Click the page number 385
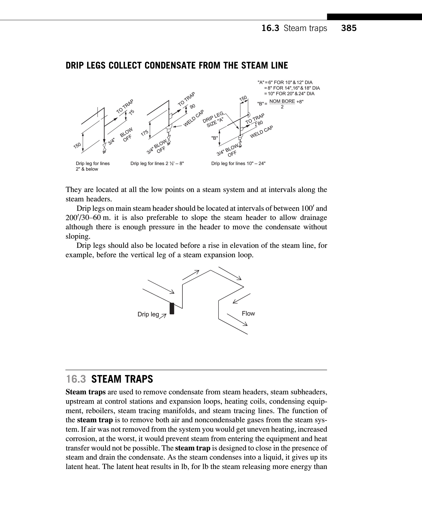coord(349,28)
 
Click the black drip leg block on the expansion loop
coord(172,308)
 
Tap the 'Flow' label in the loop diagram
coord(248,314)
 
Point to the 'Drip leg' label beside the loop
coord(148,314)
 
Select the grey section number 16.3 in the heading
coord(76,379)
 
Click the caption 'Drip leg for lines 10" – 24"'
coord(238,164)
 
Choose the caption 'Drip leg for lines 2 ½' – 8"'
coord(157,164)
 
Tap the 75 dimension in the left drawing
coord(131,113)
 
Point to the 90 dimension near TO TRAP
coord(193,106)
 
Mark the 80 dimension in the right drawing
coord(260,123)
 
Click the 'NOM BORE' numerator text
coord(282,101)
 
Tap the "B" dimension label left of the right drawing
coord(215,138)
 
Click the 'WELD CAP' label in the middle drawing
coord(194,118)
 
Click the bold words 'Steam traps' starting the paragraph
coord(86,392)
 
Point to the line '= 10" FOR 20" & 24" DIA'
coord(289,94)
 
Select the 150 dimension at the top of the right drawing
coord(243,98)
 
